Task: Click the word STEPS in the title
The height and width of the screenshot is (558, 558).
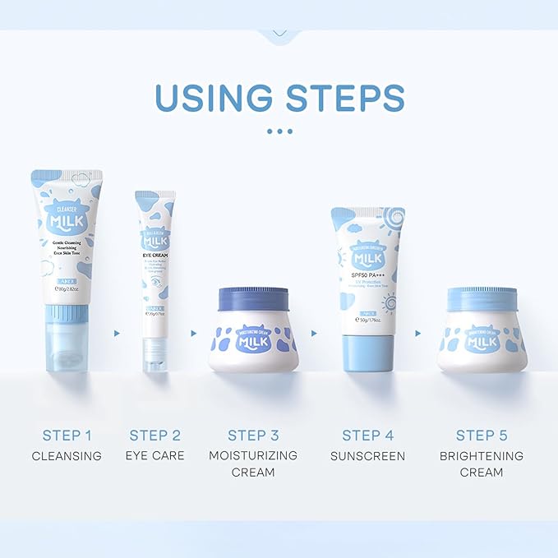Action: coord(346,96)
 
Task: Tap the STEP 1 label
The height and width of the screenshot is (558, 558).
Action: coord(67,435)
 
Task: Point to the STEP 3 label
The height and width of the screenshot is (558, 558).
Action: coord(253,435)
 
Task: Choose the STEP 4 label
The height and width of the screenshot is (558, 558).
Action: coord(367,435)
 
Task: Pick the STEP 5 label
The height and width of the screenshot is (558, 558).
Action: coord(482,435)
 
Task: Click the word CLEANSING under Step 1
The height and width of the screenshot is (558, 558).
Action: coord(67,455)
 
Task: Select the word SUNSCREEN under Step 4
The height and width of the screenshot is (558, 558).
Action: coord(367,455)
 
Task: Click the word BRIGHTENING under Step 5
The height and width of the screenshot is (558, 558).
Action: coord(482,455)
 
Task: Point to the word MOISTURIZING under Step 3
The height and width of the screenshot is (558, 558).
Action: coord(253,455)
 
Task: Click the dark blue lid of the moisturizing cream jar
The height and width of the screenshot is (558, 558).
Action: coord(252,298)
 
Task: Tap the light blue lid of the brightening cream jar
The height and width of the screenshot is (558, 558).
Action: coord(482,297)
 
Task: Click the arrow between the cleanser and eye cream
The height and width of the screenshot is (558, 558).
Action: coord(117,333)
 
